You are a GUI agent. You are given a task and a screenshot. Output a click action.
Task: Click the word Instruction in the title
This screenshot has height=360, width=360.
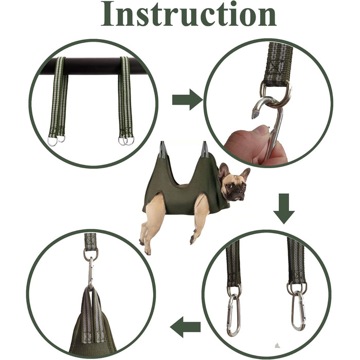(x=189, y=14)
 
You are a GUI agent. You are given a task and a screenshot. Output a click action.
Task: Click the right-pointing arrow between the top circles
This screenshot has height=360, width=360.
(x=187, y=100)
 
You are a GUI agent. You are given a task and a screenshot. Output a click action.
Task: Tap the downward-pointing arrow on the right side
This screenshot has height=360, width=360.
(x=284, y=209)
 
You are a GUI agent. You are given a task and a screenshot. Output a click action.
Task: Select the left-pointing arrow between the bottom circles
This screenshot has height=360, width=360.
(x=185, y=327)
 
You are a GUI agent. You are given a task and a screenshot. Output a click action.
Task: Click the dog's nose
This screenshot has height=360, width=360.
(x=240, y=191)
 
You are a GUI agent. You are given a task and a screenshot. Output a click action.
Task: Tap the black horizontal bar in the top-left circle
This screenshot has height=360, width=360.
(x=92, y=66)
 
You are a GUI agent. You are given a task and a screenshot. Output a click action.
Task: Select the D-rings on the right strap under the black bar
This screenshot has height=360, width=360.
(x=127, y=140)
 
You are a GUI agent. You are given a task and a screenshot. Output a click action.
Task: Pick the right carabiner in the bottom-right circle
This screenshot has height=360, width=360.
(x=298, y=311)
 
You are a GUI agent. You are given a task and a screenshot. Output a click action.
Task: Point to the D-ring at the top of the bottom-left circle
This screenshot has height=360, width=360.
(x=91, y=254)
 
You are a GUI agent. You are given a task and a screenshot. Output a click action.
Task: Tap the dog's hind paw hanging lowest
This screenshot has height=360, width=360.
(x=148, y=251)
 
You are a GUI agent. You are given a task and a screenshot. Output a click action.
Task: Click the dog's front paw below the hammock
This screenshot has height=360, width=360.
(x=192, y=240)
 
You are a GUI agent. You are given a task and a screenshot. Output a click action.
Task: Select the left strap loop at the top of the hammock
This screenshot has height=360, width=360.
(x=163, y=150)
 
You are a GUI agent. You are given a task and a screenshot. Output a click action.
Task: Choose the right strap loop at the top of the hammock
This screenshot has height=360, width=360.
(x=205, y=150)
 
